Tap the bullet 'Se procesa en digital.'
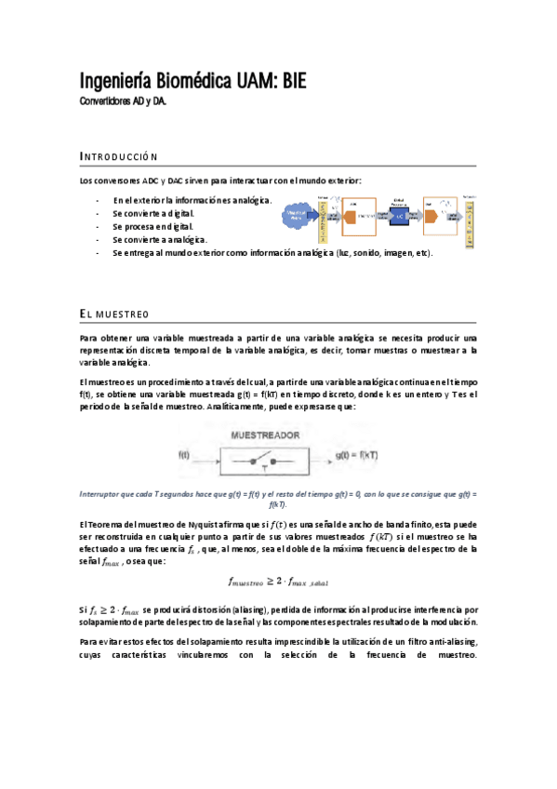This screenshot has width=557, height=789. click(153, 226)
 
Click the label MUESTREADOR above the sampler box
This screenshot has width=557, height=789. click(264, 435)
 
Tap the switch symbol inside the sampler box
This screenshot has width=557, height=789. click(259, 460)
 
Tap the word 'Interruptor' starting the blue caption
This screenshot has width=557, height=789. click(103, 494)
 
